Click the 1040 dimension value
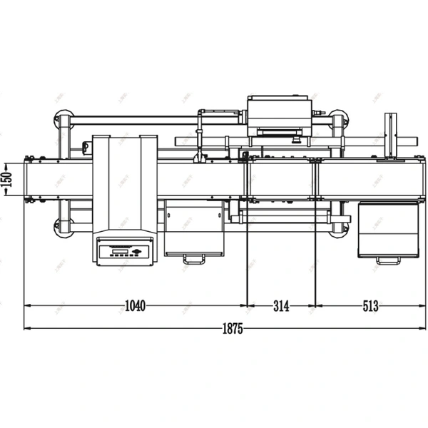click(x=135, y=306)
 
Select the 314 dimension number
click(x=281, y=306)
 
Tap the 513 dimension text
click(x=370, y=306)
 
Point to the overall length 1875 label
click(x=233, y=329)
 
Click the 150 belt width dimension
click(x=7, y=178)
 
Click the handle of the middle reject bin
click(x=193, y=258)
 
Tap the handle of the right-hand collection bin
click(x=388, y=260)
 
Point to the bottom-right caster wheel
click(x=338, y=227)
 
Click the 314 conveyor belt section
click(x=281, y=178)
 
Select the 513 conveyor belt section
click(x=367, y=178)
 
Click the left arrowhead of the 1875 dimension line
click(x=27, y=328)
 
